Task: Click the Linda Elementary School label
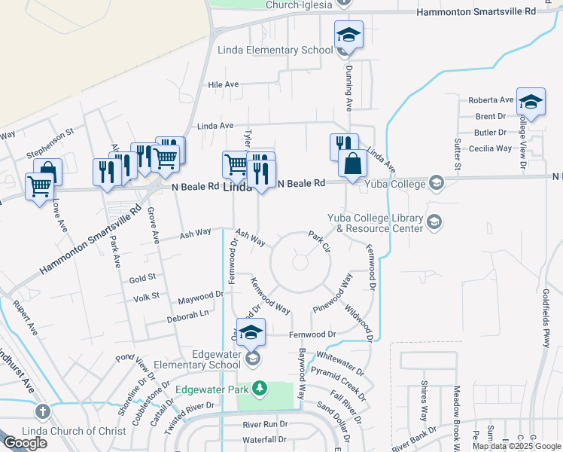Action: (275, 50)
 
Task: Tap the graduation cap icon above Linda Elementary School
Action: (348, 35)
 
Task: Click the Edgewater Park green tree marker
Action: (260, 389)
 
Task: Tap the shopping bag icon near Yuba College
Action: (352, 163)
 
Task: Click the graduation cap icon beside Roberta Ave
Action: (531, 103)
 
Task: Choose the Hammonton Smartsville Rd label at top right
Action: (476, 12)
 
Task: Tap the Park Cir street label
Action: (320, 242)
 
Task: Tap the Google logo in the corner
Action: (25, 443)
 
